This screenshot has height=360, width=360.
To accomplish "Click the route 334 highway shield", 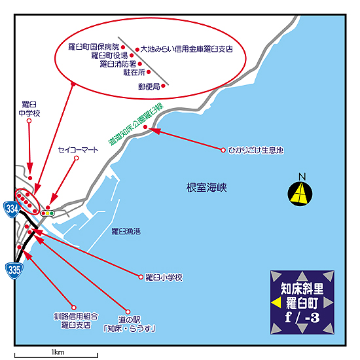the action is [12, 209].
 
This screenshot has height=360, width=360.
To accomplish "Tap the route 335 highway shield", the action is [14, 270].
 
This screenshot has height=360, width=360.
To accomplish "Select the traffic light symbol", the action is [48, 213].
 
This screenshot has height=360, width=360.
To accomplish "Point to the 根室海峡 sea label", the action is [206, 188].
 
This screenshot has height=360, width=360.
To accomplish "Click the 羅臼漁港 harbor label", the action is [126, 231].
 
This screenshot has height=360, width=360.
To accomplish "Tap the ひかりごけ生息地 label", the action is [255, 151].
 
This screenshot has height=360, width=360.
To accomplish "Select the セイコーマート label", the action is [79, 150].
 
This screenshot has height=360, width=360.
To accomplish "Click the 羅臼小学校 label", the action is [164, 278].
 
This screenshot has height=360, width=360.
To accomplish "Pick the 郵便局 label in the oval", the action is [149, 86].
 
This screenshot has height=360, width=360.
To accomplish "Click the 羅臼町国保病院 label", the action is [94, 47].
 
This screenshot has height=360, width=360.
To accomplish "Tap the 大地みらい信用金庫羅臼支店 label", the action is [187, 49].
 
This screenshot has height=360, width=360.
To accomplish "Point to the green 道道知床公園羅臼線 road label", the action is [135, 124].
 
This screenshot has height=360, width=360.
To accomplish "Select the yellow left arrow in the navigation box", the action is [276, 302].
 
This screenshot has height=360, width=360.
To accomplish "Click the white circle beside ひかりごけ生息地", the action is [223, 150].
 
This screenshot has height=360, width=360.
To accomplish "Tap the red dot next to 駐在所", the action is [149, 72].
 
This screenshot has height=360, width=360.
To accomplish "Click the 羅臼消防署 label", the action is [118, 64].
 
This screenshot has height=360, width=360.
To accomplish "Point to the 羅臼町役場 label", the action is [109, 56].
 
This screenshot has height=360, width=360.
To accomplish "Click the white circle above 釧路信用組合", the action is [74, 307].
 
